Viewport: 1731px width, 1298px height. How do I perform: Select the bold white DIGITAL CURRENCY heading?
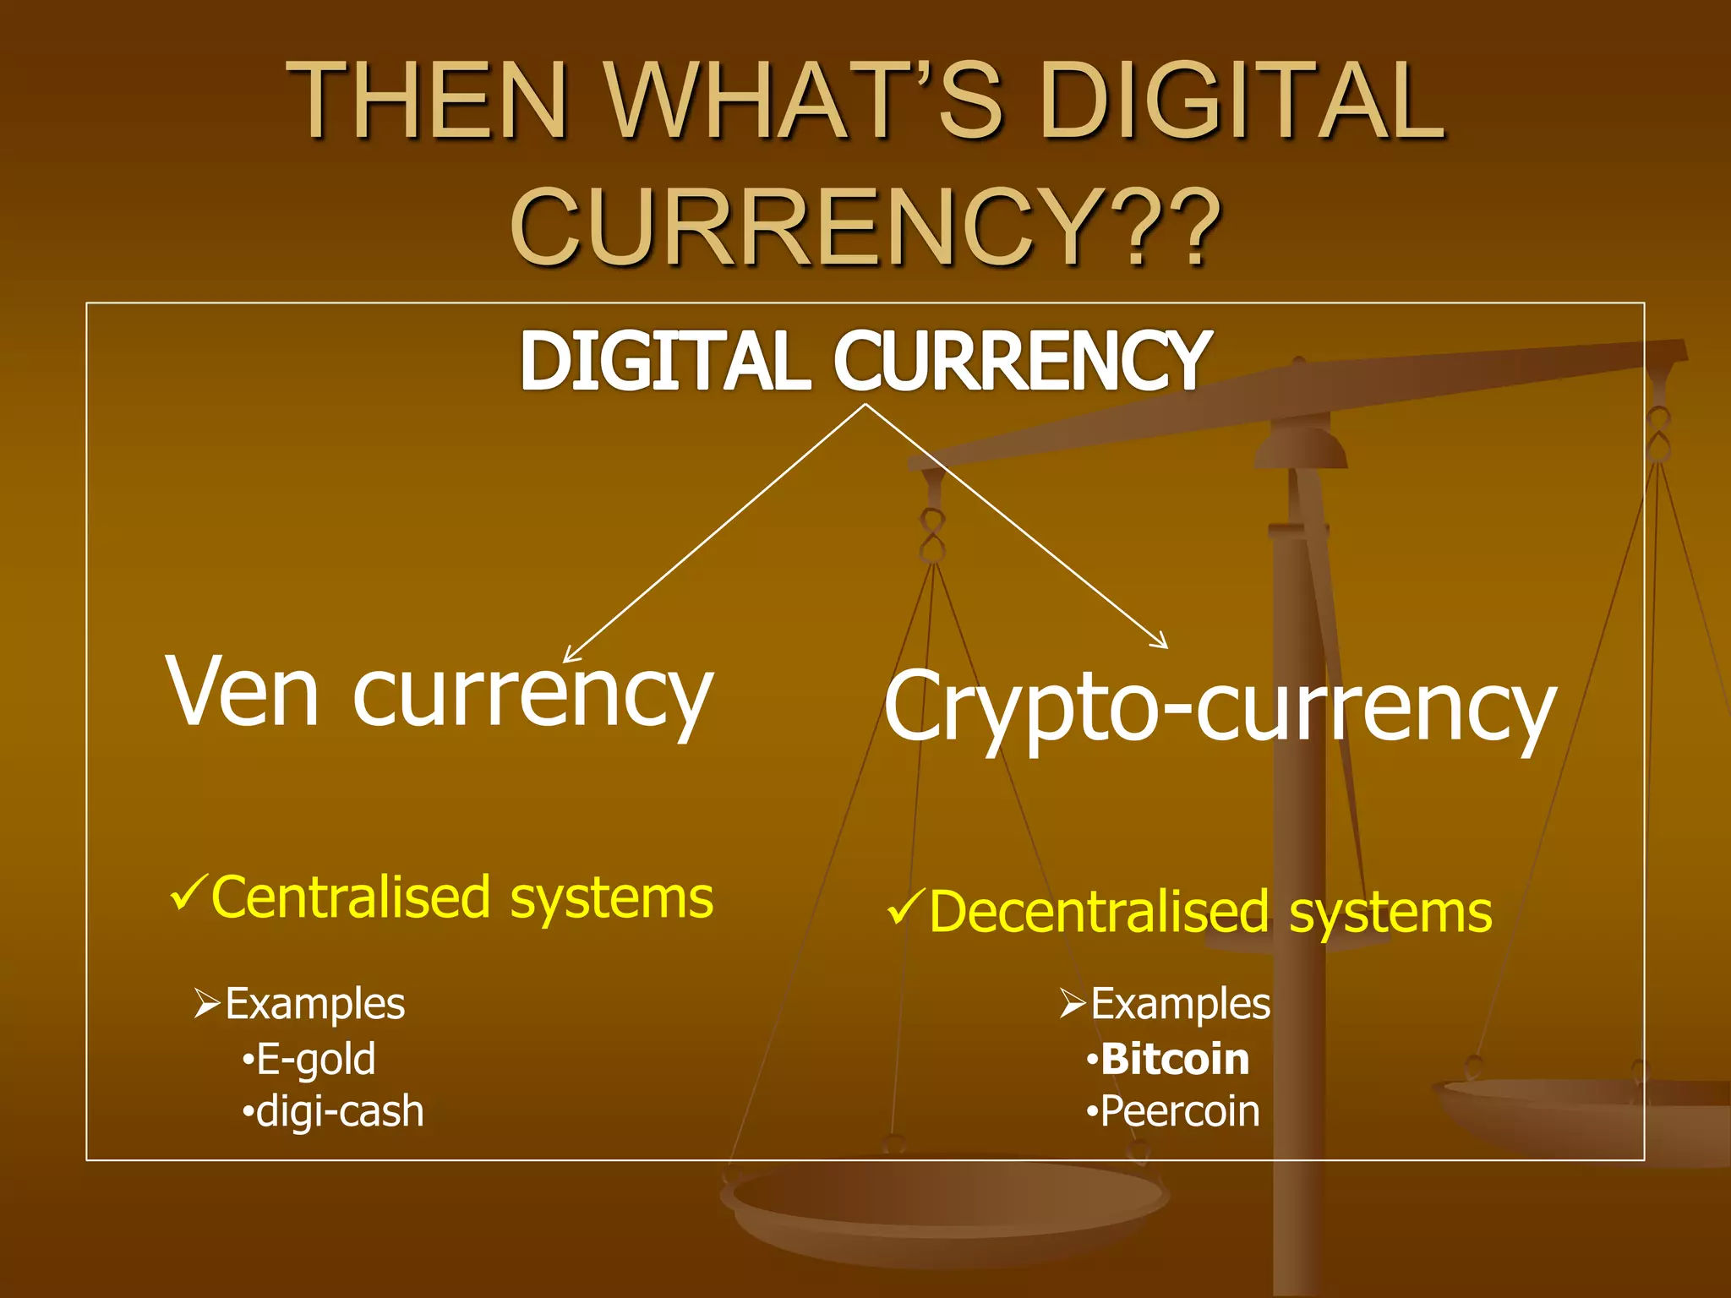865,361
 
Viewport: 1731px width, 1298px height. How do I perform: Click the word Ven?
243,691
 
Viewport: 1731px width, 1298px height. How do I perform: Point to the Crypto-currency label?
1220,707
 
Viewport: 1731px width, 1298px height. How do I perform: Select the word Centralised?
351,897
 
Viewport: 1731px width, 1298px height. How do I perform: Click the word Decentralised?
1099,913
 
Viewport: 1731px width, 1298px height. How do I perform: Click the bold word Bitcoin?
1175,1059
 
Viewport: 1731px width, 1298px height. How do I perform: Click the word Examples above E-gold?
315,1004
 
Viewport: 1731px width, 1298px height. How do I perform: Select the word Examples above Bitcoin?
1181,1004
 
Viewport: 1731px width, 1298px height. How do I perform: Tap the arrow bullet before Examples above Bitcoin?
1073,1004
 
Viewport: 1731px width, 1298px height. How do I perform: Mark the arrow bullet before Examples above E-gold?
207,1004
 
